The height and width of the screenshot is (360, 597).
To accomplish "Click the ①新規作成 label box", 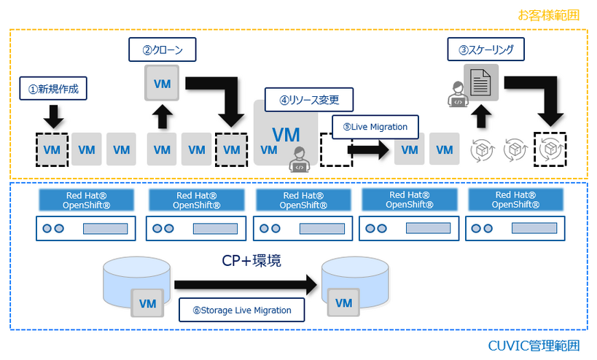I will [x=53, y=90].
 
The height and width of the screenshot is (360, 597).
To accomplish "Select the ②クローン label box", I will [x=163, y=51].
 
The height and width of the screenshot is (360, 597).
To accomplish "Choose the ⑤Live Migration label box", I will [x=375, y=126].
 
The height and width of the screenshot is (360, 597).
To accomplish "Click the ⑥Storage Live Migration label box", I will [x=243, y=310].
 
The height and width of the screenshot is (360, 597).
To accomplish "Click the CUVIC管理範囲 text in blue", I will [x=545, y=345].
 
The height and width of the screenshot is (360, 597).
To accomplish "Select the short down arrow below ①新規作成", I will [x=52, y=115].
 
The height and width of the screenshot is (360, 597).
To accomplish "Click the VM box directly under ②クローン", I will [x=163, y=83].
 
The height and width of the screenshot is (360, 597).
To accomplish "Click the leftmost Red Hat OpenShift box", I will [x=87, y=200].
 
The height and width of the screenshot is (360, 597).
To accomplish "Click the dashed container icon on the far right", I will [x=552, y=149].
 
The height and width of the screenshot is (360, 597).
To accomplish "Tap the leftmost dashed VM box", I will [x=52, y=149].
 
